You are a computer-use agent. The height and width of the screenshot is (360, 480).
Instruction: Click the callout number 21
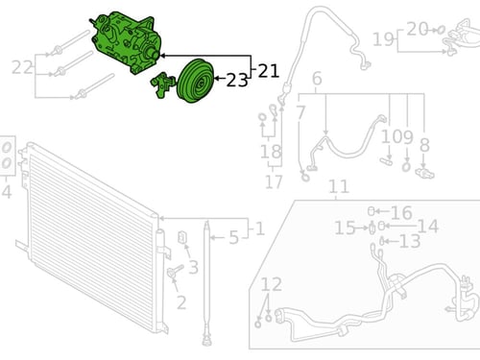(268, 71)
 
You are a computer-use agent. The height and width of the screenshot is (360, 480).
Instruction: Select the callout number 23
(237, 80)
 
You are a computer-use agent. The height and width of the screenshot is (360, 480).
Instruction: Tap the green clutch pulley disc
(195, 81)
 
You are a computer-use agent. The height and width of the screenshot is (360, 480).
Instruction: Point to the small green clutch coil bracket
(162, 85)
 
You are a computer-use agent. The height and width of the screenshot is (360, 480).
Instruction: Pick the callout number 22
(22, 67)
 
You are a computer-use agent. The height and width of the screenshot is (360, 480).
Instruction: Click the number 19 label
(383, 39)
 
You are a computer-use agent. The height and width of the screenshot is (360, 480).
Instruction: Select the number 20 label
(418, 29)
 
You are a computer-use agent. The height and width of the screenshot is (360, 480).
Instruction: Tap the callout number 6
(317, 79)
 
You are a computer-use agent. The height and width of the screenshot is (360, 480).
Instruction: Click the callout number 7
(300, 112)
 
